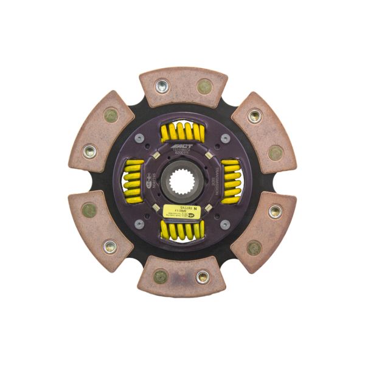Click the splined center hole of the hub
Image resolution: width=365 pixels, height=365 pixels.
pyautogui.click(x=182, y=181)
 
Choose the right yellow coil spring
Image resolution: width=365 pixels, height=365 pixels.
pyautogui.click(x=231, y=181)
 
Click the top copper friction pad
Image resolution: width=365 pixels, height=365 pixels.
pyautogui.click(x=183, y=88)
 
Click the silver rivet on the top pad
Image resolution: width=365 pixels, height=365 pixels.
pyautogui.click(x=162, y=86)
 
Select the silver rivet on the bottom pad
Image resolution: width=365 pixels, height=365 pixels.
pyautogui.click(x=203, y=277)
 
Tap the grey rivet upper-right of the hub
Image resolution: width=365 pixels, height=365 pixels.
pyautogui.click(x=224, y=139)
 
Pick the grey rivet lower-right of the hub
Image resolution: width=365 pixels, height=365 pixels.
pyautogui.click(x=224, y=224)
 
